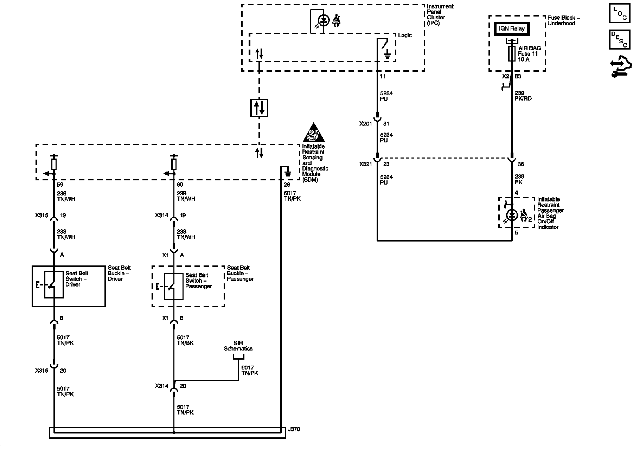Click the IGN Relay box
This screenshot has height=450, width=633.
pyautogui.click(x=512, y=29)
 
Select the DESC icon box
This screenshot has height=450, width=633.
pyautogui.click(x=619, y=39)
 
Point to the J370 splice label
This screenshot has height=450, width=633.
pyautogui.click(x=294, y=429)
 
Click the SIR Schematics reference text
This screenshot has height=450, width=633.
pyautogui.click(x=238, y=346)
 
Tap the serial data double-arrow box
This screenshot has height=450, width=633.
pyautogui.click(x=259, y=108)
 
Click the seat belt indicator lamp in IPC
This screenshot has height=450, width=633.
pyautogui.click(x=324, y=21)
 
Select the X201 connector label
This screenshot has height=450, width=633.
pyautogui.click(x=366, y=124)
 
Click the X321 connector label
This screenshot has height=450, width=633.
pyautogui.click(x=366, y=164)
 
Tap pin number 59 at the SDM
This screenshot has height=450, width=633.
pyautogui.click(x=60, y=185)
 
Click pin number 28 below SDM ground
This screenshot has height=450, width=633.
pyautogui.click(x=287, y=185)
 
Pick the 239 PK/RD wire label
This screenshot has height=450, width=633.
pyautogui.click(x=523, y=96)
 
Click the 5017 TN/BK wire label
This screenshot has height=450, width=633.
pyautogui.click(x=185, y=340)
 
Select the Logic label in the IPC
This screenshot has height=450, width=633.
pyautogui.click(x=405, y=35)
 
